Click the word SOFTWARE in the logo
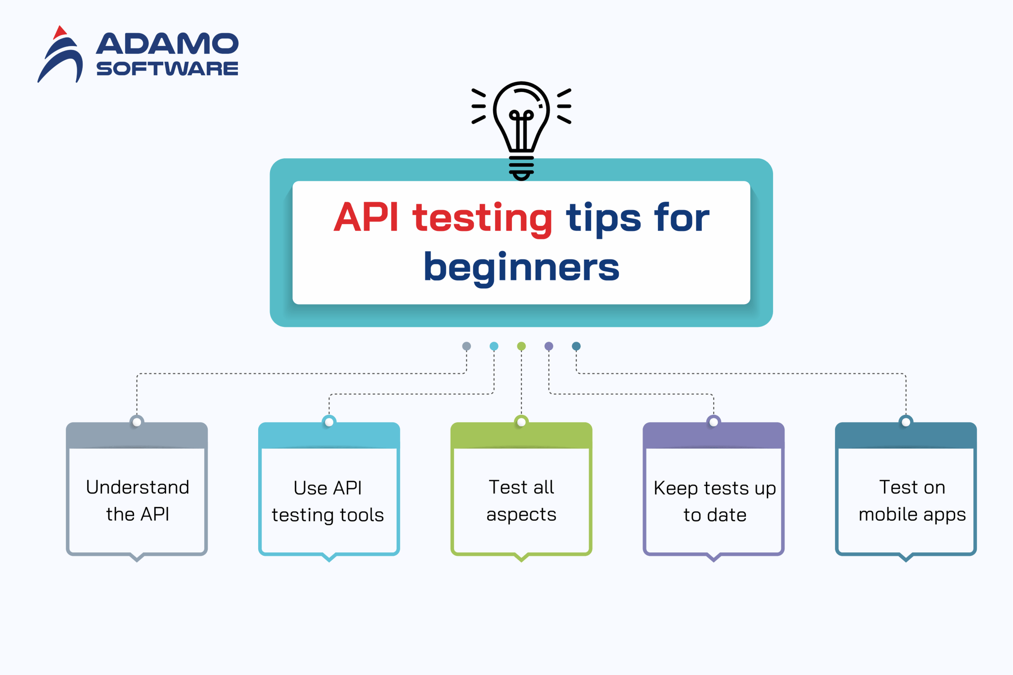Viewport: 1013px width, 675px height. [x=167, y=68]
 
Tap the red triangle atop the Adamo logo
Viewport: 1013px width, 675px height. [x=60, y=32]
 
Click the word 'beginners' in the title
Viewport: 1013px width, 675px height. [x=521, y=268]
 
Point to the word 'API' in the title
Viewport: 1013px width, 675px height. [x=366, y=217]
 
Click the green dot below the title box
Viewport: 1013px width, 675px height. [x=521, y=346]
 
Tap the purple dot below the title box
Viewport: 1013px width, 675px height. [x=549, y=346]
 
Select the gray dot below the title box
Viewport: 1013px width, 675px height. [x=466, y=346]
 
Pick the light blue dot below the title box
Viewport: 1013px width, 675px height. [x=494, y=346]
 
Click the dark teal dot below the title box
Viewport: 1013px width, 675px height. [x=576, y=346]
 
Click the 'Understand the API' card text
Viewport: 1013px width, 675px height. [x=137, y=500]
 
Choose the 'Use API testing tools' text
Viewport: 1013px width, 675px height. [x=328, y=501]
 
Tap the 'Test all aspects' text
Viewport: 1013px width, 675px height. [x=521, y=500]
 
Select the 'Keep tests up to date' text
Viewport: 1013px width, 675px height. [x=715, y=501]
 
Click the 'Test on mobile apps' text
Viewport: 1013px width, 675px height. [x=912, y=500]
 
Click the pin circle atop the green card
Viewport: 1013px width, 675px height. [x=521, y=422]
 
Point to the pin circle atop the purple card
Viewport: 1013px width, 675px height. [x=713, y=422]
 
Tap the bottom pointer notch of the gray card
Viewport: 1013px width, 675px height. [x=137, y=558]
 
